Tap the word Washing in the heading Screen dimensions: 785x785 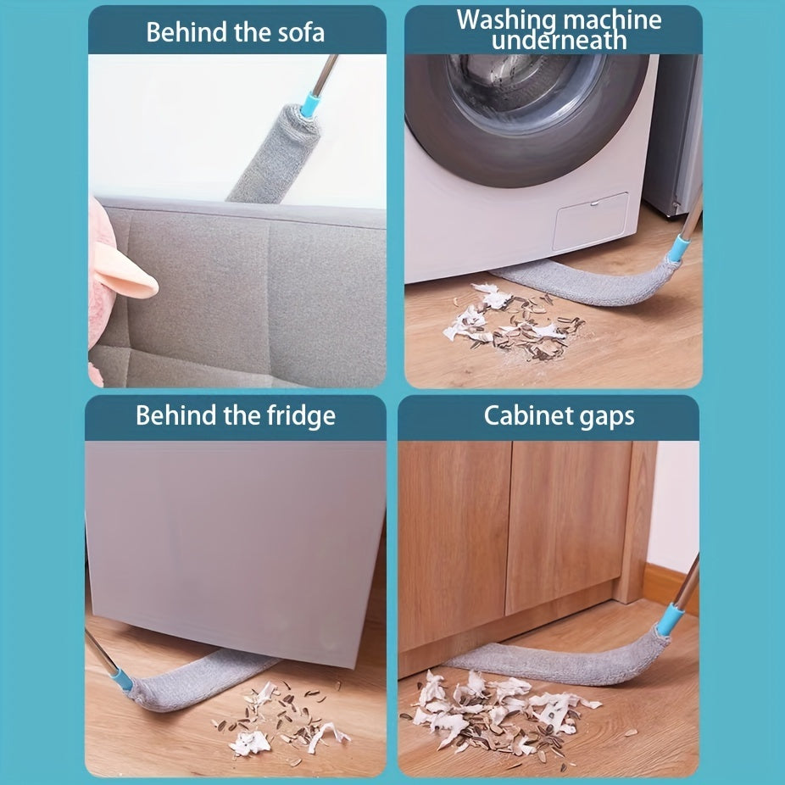506,21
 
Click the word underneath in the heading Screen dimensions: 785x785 560,41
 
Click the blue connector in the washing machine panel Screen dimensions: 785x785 678,248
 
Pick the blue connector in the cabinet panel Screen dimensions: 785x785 670,619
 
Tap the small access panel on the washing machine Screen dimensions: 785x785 590,221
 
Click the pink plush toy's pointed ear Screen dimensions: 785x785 125,273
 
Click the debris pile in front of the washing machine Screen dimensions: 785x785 514,322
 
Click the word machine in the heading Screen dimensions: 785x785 612,20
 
